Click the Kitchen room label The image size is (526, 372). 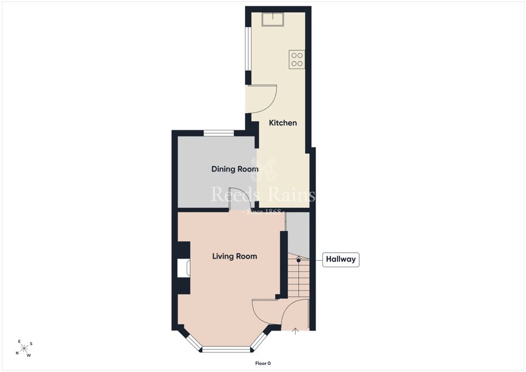pyautogui.click(x=283, y=123)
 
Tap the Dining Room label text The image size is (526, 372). pyautogui.click(x=235, y=169)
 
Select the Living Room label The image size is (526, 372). pyautogui.click(x=234, y=256)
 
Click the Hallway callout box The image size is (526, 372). pyautogui.click(x=341, y=259)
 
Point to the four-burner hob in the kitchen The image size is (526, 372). pyautogui.click(x=297, y=59)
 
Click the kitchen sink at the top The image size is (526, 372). pyautogui.click(x=273, y=20)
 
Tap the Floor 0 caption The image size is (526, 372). pyautogui.click(x=263, y=363)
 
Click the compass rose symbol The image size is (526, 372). pyautogui.click(x=24, y=349)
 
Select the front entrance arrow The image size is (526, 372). pyautogui.click(x=295, y=331)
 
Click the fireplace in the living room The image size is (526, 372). pyautogui.click(x=184, y=268)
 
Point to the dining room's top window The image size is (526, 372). pyautogui.click(x=219, y=133)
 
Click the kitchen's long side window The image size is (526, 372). pyautogui.click(x=248, y=48)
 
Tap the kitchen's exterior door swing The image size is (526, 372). pyautogui.click(x=262, y=99)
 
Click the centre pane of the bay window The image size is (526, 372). pyautogui.click(x=226, y=350)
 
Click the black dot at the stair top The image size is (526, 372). pyautogui.click(x=298, y=260)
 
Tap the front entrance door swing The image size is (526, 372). pyautogui.click(x=294, y=314)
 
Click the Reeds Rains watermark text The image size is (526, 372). pyautogui.click(x=263, y=195)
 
